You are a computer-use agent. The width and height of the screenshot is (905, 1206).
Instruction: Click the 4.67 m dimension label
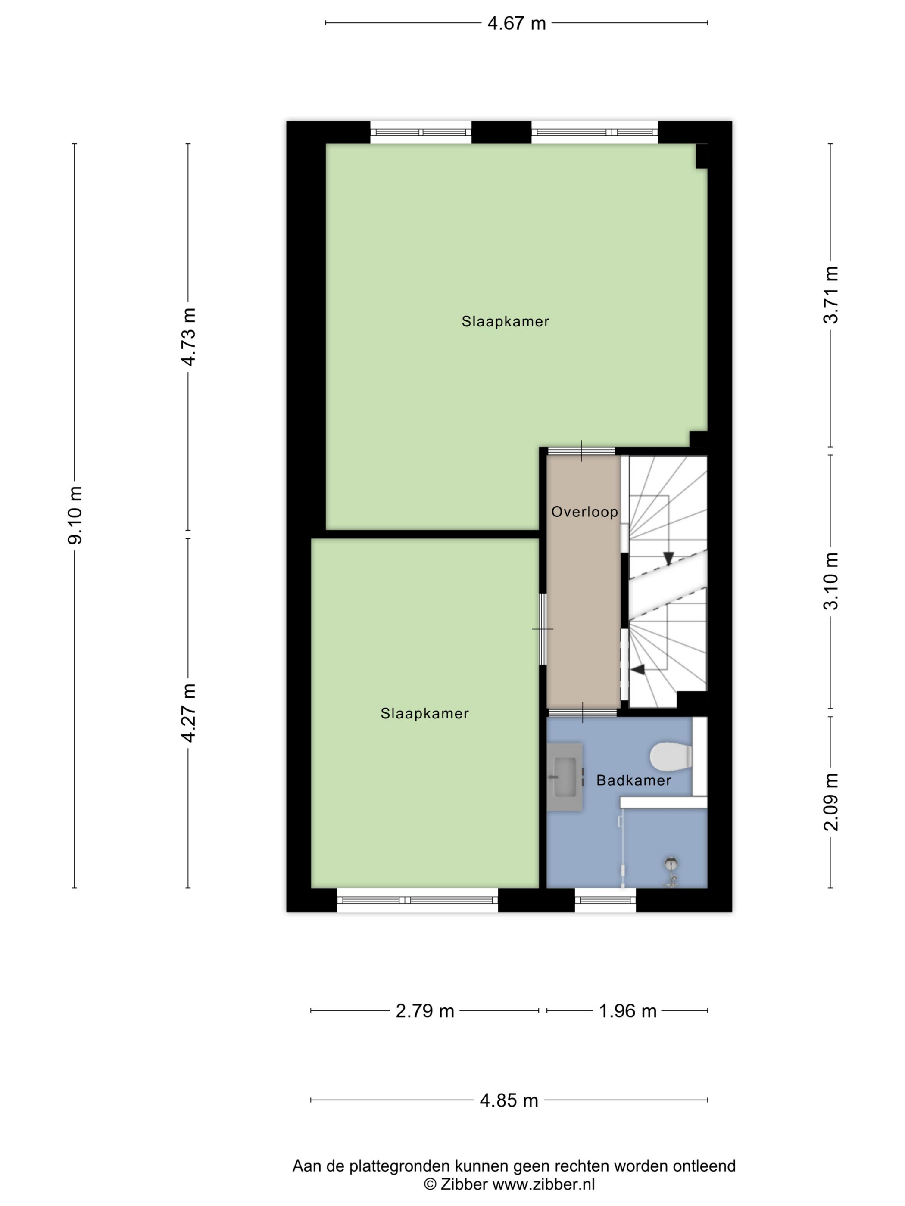516,23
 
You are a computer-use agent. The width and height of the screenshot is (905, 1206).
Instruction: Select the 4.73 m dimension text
189,337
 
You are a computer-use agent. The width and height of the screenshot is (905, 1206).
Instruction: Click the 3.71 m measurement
831,295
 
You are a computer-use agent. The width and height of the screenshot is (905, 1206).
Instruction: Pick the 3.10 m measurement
831,581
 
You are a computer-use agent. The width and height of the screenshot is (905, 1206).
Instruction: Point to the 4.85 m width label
509,1101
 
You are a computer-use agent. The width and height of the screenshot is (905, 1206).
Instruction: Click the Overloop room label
584,512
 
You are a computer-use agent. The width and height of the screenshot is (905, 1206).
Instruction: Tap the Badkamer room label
633,780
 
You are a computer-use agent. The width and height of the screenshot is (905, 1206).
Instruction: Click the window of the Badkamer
605,900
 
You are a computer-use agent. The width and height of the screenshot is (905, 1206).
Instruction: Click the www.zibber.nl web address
543,1184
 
